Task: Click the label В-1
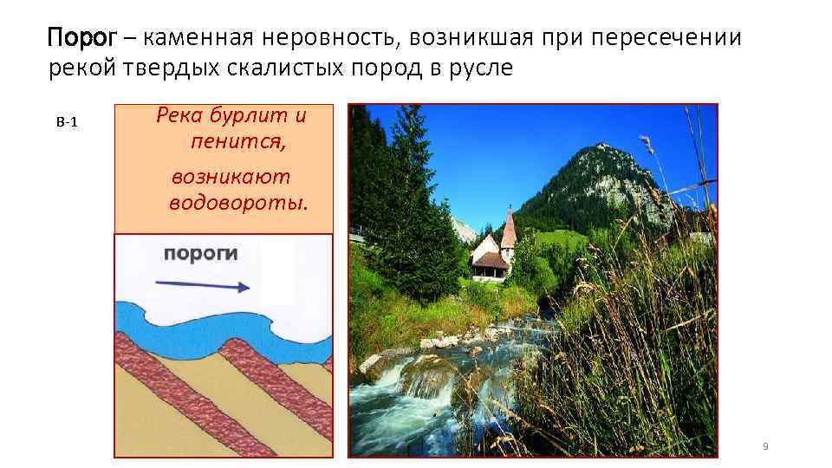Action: (67, 122)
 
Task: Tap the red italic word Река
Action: (179, 116)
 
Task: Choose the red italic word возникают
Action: (231, 177)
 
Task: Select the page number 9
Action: (764, 445)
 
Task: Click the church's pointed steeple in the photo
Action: (509, 227)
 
